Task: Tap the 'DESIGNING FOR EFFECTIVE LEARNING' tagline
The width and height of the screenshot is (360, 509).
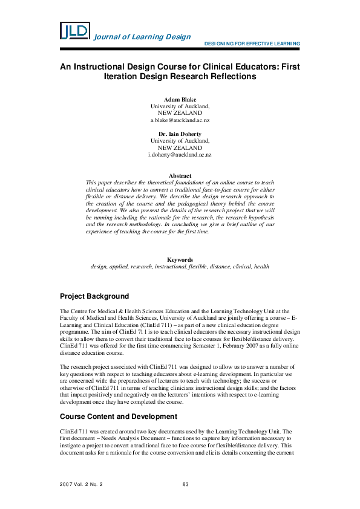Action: point(252,44)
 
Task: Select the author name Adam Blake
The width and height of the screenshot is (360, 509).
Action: point(180,99)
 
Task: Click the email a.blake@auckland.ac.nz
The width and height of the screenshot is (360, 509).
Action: point(180,120)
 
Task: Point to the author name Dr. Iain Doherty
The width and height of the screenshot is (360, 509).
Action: point(180,134)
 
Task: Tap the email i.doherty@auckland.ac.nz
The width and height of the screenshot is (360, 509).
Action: point(180,155)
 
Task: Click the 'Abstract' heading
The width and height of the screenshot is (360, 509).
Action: point(180,175)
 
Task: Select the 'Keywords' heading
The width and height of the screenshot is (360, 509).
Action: point(180,259)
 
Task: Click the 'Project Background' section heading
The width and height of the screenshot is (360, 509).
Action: point(94,296)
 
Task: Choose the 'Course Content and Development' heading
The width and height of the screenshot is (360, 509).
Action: point(118,417)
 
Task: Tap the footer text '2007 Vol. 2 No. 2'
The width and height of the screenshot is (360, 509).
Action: point(82,485)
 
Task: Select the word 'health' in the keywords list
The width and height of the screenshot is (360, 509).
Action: point(261,266)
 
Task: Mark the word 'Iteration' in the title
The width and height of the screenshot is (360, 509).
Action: point(120,77)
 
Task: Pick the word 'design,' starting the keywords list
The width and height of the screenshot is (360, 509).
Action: point(100,266)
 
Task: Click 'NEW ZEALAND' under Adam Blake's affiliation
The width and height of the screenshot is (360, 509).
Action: point(180,113)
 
